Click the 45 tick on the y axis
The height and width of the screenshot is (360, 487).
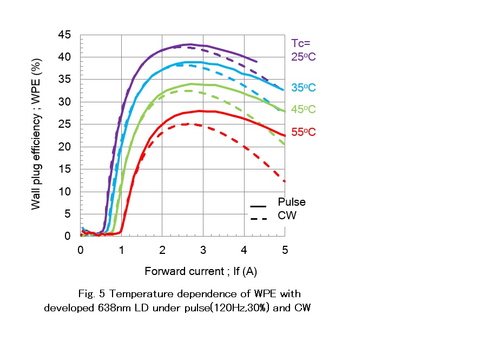(65, 35)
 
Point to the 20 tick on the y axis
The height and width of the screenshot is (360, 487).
(65, 147)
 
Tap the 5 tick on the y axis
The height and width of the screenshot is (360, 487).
(68, 214)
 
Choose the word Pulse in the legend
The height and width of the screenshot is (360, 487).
(292, 202)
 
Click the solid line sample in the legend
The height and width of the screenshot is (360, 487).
(258, 206)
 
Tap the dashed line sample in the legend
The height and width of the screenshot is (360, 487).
(258, 218)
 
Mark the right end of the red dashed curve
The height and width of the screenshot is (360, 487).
(284, 181)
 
